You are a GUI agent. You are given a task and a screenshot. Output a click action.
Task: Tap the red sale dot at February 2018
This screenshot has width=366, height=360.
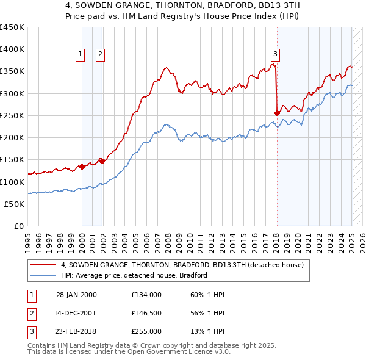coord(277,113)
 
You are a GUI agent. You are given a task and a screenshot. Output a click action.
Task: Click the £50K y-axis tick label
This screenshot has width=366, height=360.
coord(15,204)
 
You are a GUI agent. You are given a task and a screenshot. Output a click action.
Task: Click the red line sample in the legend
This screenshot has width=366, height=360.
coord(43,265)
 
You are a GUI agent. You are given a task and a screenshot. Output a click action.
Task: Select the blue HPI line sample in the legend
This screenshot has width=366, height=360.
coord(43,275)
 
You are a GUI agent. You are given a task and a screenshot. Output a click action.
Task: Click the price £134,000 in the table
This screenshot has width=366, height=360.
coord(146,295)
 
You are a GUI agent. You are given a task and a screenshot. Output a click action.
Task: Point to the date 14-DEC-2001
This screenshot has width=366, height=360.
coord(76,313)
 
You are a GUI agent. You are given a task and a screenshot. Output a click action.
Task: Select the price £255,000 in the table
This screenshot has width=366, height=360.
coord(146,331)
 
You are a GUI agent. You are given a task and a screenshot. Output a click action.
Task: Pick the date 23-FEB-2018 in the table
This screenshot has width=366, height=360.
coord(76,331)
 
